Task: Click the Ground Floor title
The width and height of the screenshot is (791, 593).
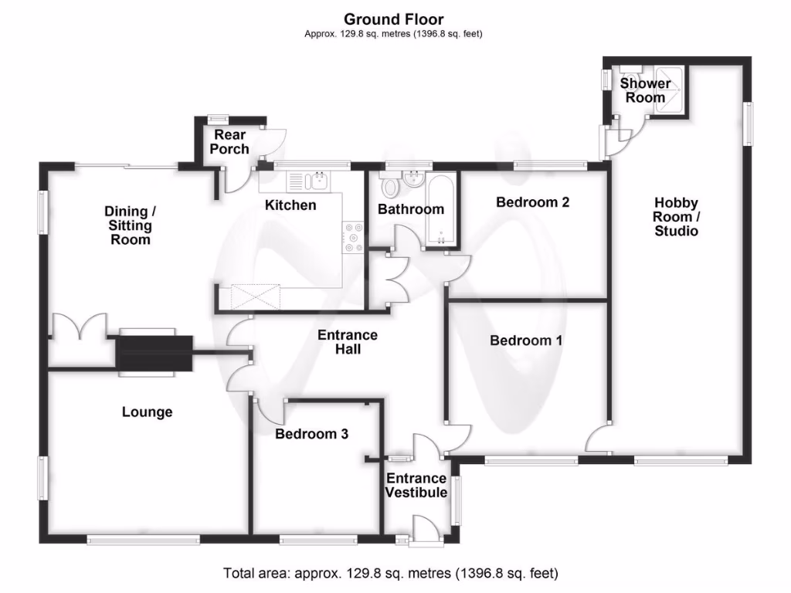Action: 394,19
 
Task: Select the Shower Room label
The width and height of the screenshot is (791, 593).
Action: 645,90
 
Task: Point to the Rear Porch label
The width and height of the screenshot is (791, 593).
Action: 230,142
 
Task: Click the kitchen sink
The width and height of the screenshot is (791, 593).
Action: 309,182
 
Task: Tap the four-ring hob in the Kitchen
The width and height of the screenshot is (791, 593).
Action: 355,237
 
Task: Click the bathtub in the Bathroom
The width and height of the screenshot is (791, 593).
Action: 441,210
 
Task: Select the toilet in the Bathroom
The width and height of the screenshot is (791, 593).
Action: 389,185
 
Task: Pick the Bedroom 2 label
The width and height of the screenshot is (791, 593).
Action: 532,202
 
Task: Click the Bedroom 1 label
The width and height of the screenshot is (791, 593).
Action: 526,340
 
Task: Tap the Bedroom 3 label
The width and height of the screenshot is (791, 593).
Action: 311,434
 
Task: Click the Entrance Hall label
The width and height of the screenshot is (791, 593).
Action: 348,342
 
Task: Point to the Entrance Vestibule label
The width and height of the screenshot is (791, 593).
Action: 416,486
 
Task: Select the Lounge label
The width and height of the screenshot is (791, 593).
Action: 147,412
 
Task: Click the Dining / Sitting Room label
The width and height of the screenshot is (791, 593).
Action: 130,225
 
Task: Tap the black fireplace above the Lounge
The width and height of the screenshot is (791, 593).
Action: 154,353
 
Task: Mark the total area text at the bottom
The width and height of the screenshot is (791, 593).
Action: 390,573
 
